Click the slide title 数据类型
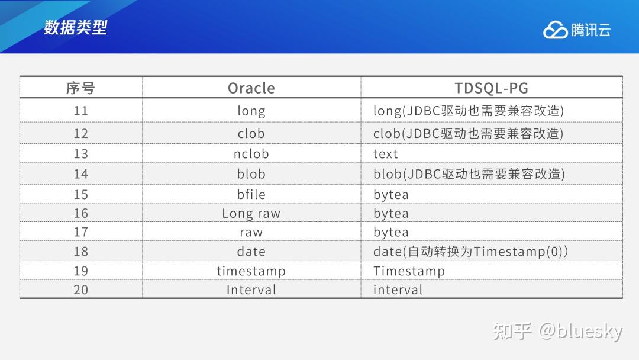[75, 27]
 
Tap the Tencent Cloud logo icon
[555, 30]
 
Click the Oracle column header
[251, 88]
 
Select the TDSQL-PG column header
[491, 88]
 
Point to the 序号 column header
[80, 88]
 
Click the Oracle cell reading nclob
[251, 154]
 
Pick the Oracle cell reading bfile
[251, 194]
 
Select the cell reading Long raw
[251, 213]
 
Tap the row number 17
[80, 232]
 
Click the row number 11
[80, 111]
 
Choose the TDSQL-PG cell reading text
[386, 154]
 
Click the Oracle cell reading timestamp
[251, 271]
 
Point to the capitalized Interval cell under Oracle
[251, 290]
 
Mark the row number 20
[80, 290]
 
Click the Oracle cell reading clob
[251, 134]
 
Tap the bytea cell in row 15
[391, 194]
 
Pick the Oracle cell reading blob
[251, 174]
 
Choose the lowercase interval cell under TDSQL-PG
[398, 290]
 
